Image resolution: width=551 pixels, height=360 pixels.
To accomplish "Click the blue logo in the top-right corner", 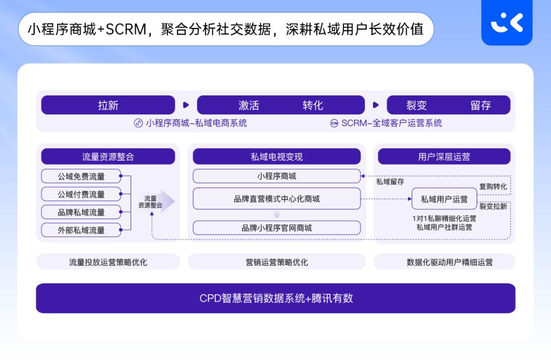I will click(507, 23).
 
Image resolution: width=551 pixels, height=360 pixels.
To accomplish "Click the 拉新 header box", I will click(108, 105).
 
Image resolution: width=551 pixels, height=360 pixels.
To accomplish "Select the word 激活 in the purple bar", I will click(249, 105).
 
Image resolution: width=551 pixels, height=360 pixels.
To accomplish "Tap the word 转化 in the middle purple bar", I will click(313, 105).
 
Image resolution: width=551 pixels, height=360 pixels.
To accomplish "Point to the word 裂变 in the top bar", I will click(416, 105).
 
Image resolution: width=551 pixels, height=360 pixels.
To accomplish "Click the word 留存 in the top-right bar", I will click(480, 105).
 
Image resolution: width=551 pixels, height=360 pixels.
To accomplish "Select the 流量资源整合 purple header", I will click(108, 157).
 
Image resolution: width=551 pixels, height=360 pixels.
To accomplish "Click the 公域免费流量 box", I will click(81, 176).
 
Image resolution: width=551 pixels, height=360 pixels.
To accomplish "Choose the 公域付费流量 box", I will click(81, 194).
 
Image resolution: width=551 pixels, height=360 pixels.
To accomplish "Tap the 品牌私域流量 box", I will click(81, 212).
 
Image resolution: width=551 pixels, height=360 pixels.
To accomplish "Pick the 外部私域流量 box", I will click(81, 230).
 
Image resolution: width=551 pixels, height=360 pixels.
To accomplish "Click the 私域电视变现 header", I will click(277, 157).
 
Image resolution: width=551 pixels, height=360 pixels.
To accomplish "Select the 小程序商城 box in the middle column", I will click(277, 176).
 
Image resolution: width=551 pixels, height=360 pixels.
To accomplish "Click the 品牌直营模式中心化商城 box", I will click(277, 199).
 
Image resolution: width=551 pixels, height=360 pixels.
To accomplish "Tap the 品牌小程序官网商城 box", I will click(277, 228).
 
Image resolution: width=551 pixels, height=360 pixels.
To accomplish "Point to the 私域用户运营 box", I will click(444, 199).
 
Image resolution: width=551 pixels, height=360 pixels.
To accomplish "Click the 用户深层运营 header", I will click(444, 157).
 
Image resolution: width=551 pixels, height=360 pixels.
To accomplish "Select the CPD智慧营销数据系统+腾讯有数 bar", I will click(275, 298).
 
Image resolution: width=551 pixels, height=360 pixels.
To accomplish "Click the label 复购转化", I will click(493, 186).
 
